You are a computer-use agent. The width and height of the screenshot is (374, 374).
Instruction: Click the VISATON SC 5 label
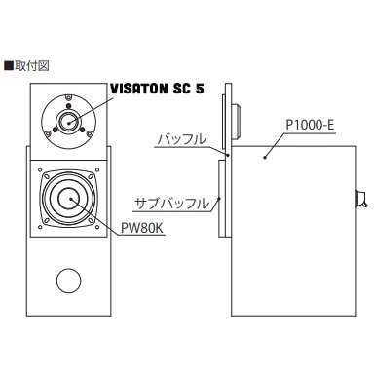[x=158, y=89]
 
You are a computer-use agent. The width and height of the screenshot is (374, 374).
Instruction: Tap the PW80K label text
[x=142, y=228]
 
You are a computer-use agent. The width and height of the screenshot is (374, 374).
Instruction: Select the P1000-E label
[x=310, y=125]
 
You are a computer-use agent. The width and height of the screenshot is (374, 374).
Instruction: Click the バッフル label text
[x=182, y=139]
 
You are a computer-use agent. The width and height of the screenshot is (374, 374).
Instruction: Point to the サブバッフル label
[x=172, y=204]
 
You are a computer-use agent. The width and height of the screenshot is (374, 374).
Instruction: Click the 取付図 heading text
[x=31, y=66]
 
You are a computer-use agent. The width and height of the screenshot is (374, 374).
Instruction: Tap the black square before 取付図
[x=9, y=66]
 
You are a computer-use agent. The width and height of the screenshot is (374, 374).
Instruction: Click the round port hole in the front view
[x=68, y=280]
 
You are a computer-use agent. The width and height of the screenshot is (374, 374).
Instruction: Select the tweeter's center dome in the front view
[x=68, y=122]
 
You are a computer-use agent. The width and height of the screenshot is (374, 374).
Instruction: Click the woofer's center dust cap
[x=69, y=199]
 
